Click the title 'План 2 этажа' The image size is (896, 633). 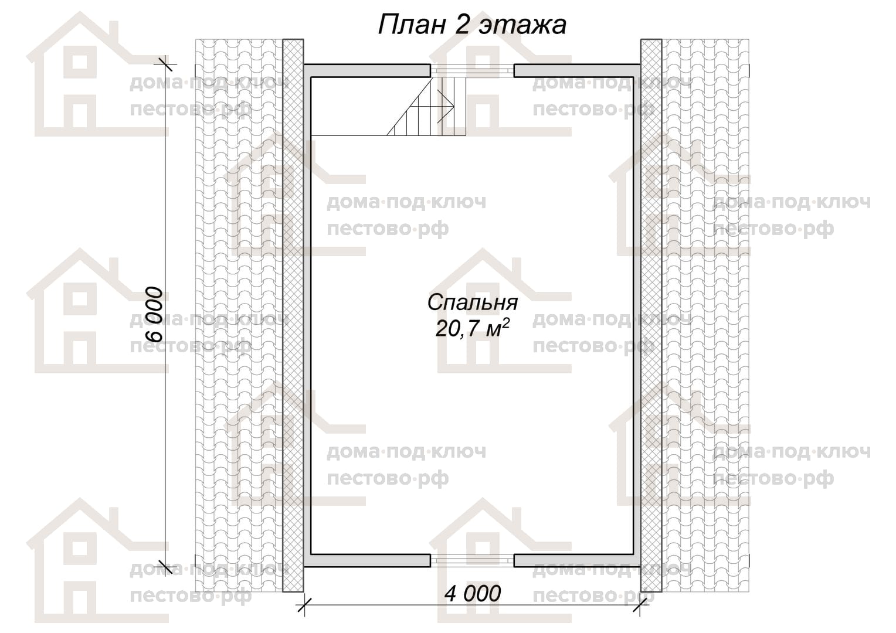[472, 25]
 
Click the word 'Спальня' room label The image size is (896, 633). [473, 302]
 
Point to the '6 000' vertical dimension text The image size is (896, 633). [154, 314]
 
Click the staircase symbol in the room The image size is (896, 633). [426, 106]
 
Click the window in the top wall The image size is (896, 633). [473, 71]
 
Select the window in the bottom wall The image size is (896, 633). [473, 560]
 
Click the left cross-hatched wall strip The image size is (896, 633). [293, 315]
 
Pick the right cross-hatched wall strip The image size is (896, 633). [651, 315]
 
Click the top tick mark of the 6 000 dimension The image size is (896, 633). [166, 64]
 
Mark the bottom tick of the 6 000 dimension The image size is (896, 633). [166, 567]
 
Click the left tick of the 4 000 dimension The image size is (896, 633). [304, 605]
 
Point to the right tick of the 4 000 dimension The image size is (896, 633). [640, 605]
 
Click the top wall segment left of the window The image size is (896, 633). [367, 71]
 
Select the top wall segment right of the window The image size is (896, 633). [577, 71]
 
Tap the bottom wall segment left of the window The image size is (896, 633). [367, 560]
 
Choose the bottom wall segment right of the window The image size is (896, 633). [577, 560]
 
